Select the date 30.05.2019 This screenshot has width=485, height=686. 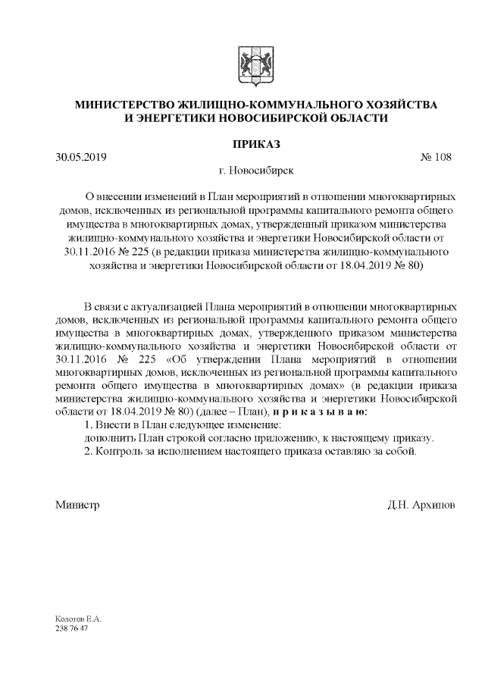[80, 158]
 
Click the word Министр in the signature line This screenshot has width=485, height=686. [77, 504]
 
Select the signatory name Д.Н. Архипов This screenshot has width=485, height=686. [421, 504]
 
